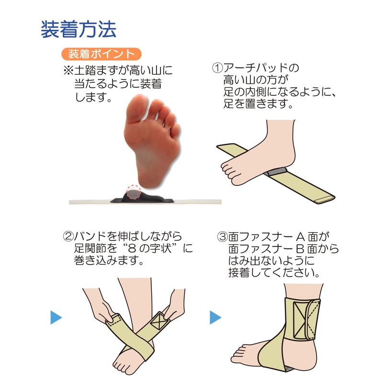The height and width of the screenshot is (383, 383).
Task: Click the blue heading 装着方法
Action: (78, 30)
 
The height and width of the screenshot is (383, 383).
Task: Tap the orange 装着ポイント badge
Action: (101, 53)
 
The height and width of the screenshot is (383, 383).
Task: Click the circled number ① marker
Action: (217, 68)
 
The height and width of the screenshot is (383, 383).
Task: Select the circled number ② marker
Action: (68, 237)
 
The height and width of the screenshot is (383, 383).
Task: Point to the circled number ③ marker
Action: (222, 237)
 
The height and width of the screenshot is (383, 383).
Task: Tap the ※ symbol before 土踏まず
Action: (68, 71)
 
